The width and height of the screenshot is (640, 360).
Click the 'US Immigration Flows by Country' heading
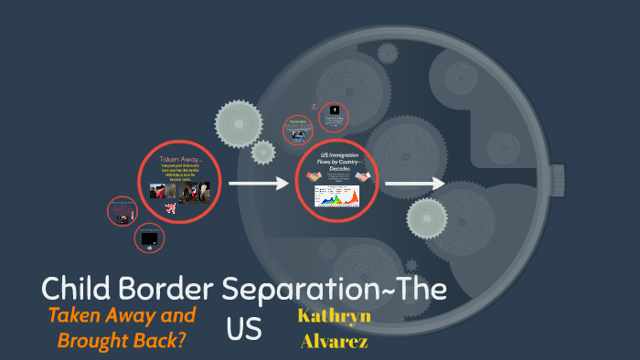coord(338,160)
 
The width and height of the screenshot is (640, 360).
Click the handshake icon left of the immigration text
coord(313,176)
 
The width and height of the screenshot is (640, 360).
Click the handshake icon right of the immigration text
coord(363,176)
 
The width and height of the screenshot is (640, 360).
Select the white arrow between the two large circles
coord(258,185)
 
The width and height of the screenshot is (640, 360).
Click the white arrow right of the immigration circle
coord(414,185)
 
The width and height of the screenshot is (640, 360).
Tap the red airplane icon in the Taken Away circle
coord(170,208)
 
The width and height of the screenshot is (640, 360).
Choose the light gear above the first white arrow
coord(239,123)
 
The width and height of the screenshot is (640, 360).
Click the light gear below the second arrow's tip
coord(427,217)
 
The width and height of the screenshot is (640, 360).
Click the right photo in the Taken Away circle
coord(197,189)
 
